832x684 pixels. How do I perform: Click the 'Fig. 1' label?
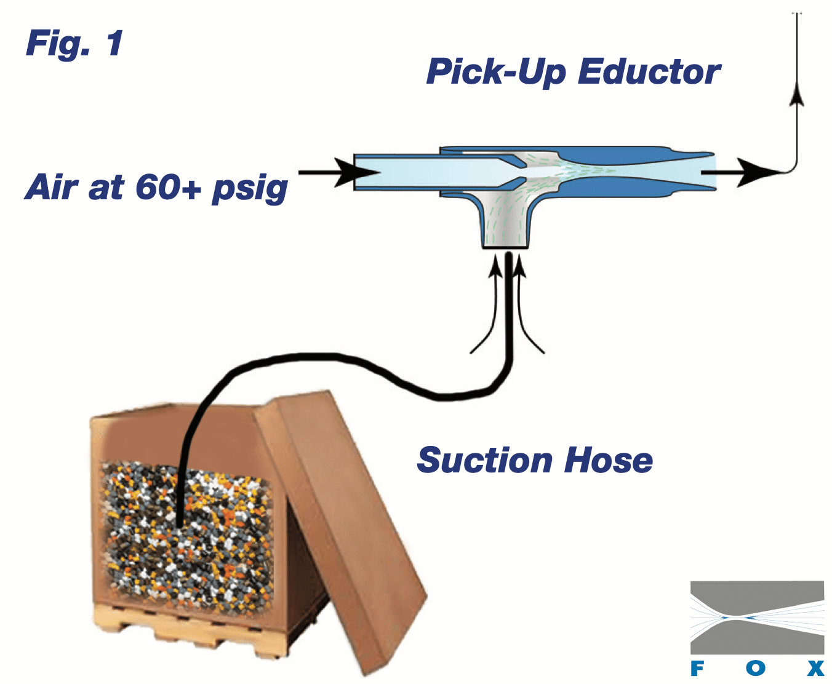[74, 44]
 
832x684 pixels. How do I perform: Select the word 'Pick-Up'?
[495, 72]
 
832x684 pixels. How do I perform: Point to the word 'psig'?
[250, 189]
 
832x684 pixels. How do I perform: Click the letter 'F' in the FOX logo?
[697, 669]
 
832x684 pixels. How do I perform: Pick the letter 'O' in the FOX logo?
[756, 669]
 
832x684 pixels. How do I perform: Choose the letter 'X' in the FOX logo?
[815, 669]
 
